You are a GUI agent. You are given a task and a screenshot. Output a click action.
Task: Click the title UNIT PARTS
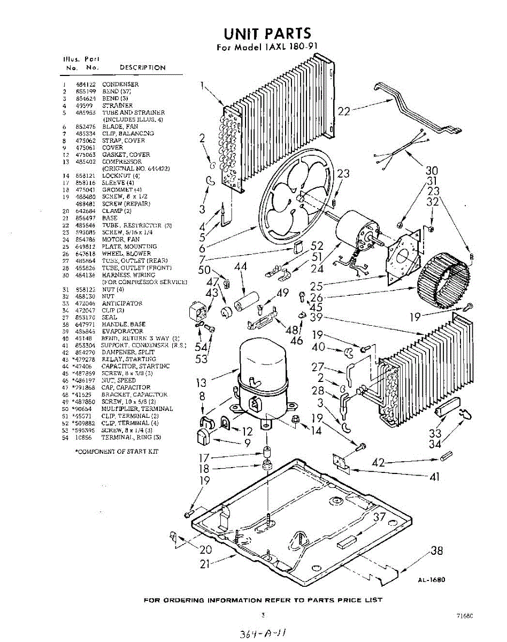pos(267,34)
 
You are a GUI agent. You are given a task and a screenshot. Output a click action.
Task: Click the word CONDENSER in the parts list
pos(120,85)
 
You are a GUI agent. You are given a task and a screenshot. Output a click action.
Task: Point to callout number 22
pos(344,111)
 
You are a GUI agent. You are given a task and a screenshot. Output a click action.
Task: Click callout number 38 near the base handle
pos(436,552)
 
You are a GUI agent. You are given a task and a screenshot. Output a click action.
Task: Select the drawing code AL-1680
pos(432,579)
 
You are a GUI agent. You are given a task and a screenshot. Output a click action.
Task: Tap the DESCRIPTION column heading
pos(142,68)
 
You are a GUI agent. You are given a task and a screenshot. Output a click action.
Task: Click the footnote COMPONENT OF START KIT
pos(118,452)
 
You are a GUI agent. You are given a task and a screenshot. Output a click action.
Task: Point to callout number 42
pos(378,463)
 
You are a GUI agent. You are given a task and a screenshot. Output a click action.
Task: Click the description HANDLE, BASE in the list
pos(124,324)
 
